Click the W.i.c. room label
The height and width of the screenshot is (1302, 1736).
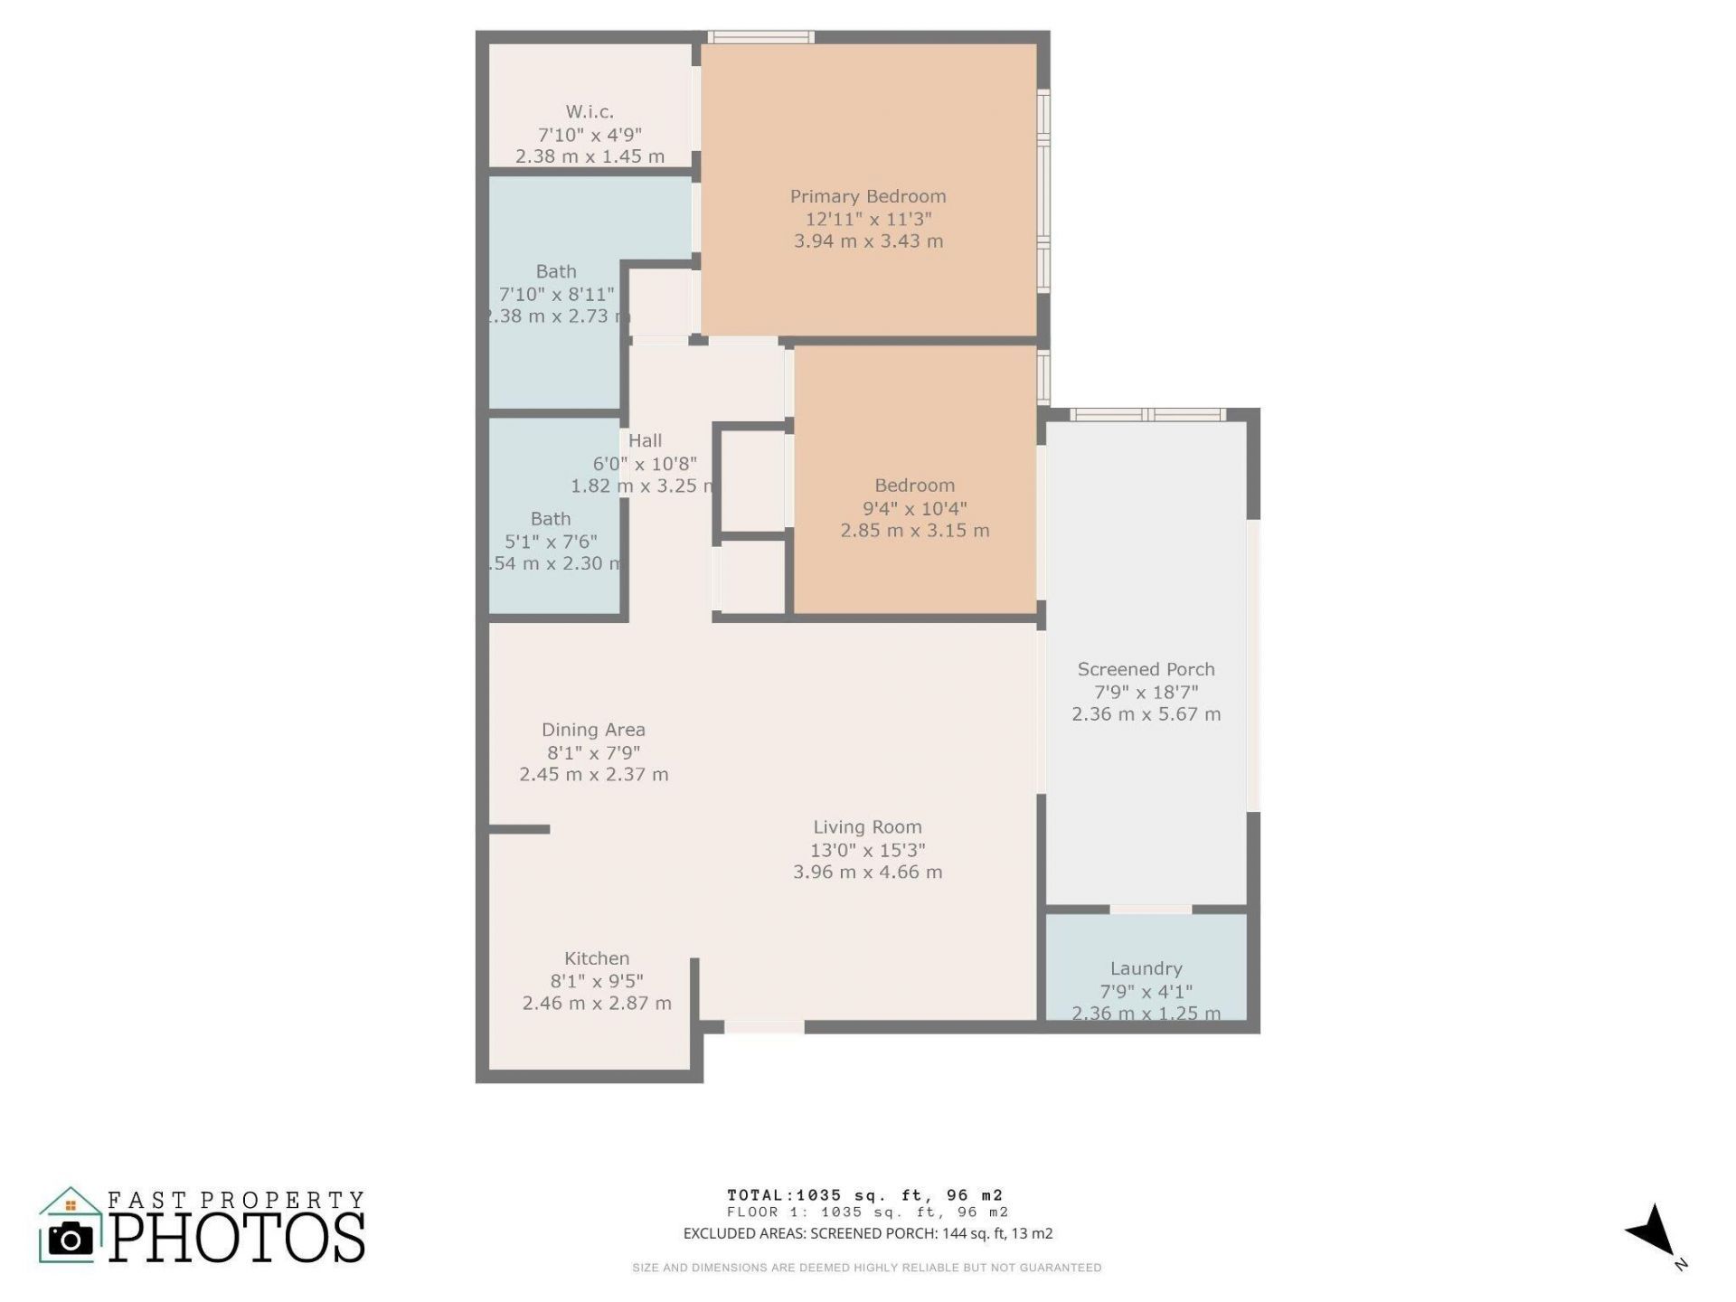point(590,112)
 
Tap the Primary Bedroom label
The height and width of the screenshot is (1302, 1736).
point(868,196)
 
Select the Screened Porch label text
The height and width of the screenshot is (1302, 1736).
point(1146,669)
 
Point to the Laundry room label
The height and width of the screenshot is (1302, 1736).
point(1146,968)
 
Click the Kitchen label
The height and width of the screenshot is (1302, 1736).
point(597,958)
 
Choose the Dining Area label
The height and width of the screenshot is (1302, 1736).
point(593,730)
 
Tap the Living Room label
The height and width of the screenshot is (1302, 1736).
point(867,826)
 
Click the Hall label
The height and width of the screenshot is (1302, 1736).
point(646,440)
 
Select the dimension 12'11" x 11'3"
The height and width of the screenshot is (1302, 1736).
point(868,219)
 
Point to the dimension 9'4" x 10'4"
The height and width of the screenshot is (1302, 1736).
point(914,508)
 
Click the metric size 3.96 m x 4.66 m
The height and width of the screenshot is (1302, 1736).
point(867,873)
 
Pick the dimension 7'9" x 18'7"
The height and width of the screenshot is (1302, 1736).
point(1146,692)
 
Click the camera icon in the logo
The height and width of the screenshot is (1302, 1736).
point(71,1239)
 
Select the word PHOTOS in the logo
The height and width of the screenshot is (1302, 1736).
point(238,1238)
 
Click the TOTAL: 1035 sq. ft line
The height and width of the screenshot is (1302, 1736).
point(865,1195)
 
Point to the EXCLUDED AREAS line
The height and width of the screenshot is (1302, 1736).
point(867,1233)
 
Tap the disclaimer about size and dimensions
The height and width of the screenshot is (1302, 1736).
point(866,1268)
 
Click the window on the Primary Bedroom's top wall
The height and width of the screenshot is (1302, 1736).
point(760,37)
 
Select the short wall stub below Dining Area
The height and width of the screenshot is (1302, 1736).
point(519,829)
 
